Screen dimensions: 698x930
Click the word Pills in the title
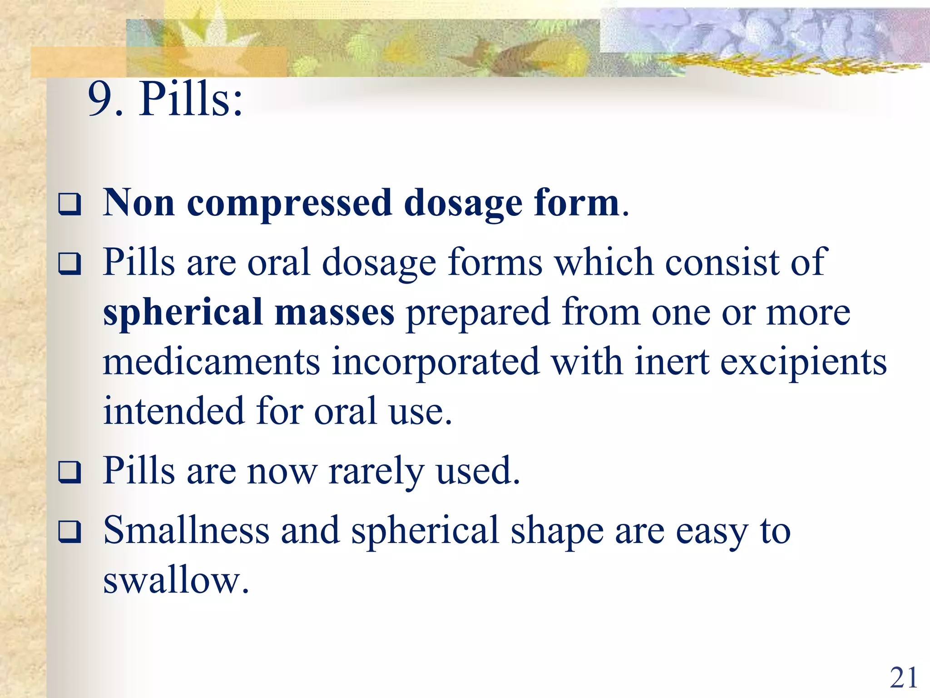pyautogui.click(x=191, y=99)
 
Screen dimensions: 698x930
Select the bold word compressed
pyautogui.click(x=289, y=204)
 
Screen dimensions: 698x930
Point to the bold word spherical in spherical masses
pyautogui.click(x=183, y=313)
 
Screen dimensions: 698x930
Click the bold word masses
pyautogui.click(x=335, y=313)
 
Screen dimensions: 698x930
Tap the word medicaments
pyautogui.click(x=212, y=362)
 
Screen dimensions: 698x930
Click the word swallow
pyautogui.click(x=176, y=580)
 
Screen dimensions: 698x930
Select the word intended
pyautogui.click(x=174, y=411)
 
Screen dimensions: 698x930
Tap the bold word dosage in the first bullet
pyautogui.click(x=463, y=204)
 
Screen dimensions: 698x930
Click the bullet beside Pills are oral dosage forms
pyautogui.click(x=69, y=264)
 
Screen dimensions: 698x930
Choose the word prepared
pyautogui.click(x=478, y=313)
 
